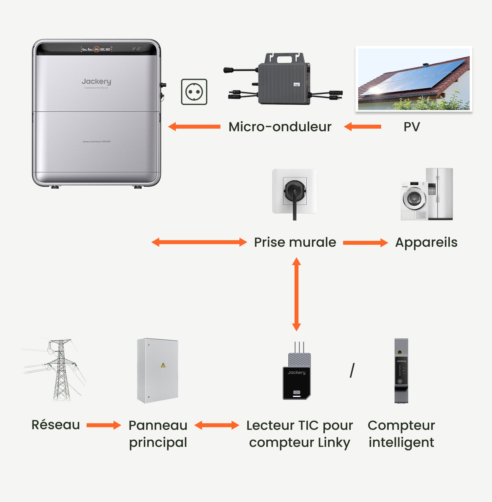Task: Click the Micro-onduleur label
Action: tap(280, 127)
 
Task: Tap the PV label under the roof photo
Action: tap(412, 127)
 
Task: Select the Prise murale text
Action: tap(295, 242)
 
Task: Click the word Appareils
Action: tap(426, 242)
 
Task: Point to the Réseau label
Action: tap(56, 425)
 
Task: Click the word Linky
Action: tap(334, 442)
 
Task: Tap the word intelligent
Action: tap(401, 442)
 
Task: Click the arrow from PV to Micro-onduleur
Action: tap(363, 127)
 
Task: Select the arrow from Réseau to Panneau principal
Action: tap(104, 425)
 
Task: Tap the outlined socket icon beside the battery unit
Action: tap(194, 92)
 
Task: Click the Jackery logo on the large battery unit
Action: tap(96, 81)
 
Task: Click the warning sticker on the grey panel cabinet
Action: tap(163, 365)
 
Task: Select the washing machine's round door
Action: tap(414, 198)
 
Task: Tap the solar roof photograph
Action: tap(414, 79)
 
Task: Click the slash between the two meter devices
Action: tap(352, 370)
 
